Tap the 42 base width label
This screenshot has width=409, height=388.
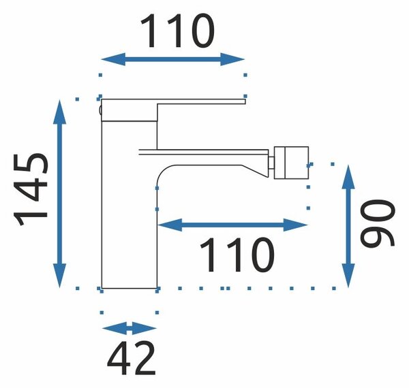pos(131,358)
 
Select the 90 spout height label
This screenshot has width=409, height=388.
pos(377,223)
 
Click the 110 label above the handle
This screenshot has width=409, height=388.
pos(177,31)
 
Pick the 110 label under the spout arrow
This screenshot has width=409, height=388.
pos(237,255)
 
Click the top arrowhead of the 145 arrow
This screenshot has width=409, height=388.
pos(60,112)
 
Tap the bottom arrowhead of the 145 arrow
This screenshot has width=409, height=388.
pos(60,276)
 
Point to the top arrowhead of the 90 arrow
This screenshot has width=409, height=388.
pos(348,176)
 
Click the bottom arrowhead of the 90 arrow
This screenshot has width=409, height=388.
pos(348,276)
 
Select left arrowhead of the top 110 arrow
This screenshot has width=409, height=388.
pos(113,59)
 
